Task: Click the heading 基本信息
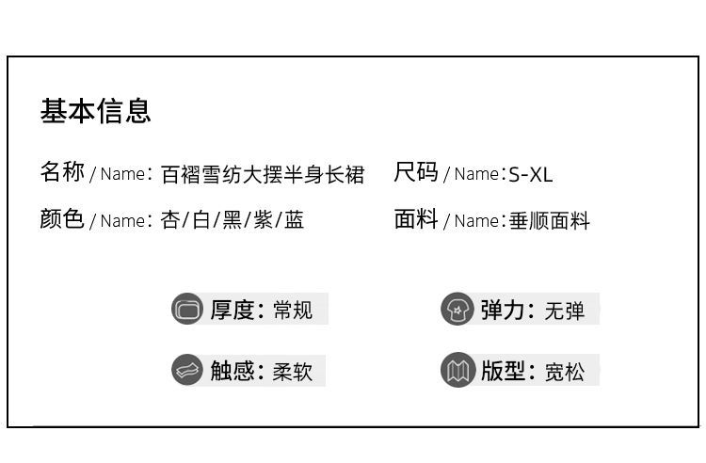[x=95, y=111]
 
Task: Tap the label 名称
[x=62, y=172]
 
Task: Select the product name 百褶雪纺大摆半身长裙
[x=262, y=174]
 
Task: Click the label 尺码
[x=416, y=172]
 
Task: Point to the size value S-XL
[x=531, y=174]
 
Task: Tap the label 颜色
[x=62, y=219]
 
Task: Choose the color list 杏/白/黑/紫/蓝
[x=233, y=221]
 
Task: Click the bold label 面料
[x=416, y=219]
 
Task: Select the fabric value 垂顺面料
[x=550, y=221]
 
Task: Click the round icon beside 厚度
[x=187, y=309]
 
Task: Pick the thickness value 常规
[x=293, y=311]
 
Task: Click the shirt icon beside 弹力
[x=457, y=309]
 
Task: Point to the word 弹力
[x=503, y=310]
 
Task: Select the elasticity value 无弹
[x=564, y=311]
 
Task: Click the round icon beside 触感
[x=187, y=370]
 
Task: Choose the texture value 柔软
[x=293, y=372]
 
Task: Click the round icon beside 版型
[x=457, y=370]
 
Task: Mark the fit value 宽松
[x=564, y=372]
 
